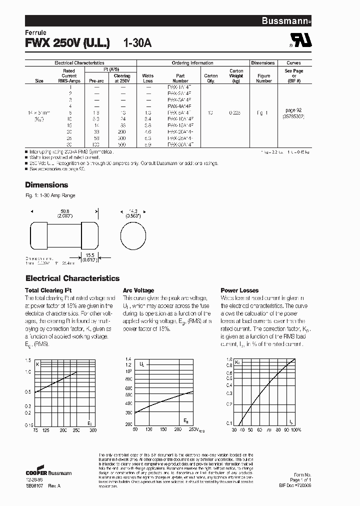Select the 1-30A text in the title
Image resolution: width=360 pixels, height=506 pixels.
[x=137, y=43]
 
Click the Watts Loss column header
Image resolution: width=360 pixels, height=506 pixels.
[x=148, y=78]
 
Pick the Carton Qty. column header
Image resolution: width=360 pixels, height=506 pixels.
[x=211, y=78]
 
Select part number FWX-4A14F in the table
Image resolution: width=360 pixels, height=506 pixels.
[x=180, y=106]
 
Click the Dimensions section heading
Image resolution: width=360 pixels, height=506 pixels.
[x=46, y=184]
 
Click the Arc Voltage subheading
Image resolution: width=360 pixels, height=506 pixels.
[x=138, y=290]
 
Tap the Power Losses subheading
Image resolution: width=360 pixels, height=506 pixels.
[x=239, y=290]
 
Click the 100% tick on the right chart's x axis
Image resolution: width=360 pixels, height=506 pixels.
[x=296, y=430]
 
